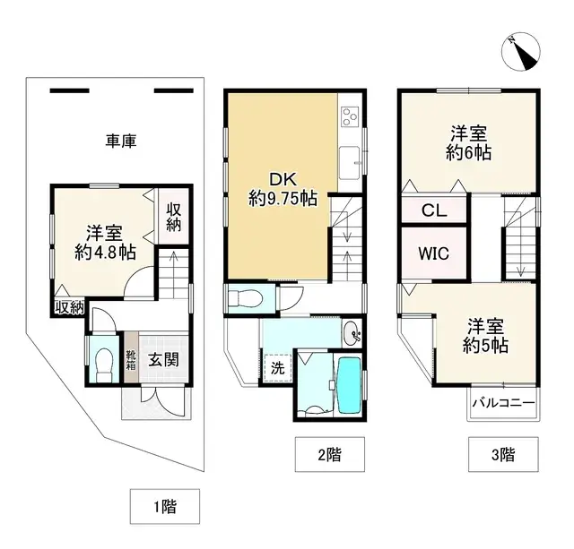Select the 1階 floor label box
(x=163, y=507)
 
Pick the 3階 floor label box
(x=502, y=454)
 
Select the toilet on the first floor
(x=103, y=364)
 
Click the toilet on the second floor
(x=243, y=298)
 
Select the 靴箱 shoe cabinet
(x=131, y=360)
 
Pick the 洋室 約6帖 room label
(x=470, y=143)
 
